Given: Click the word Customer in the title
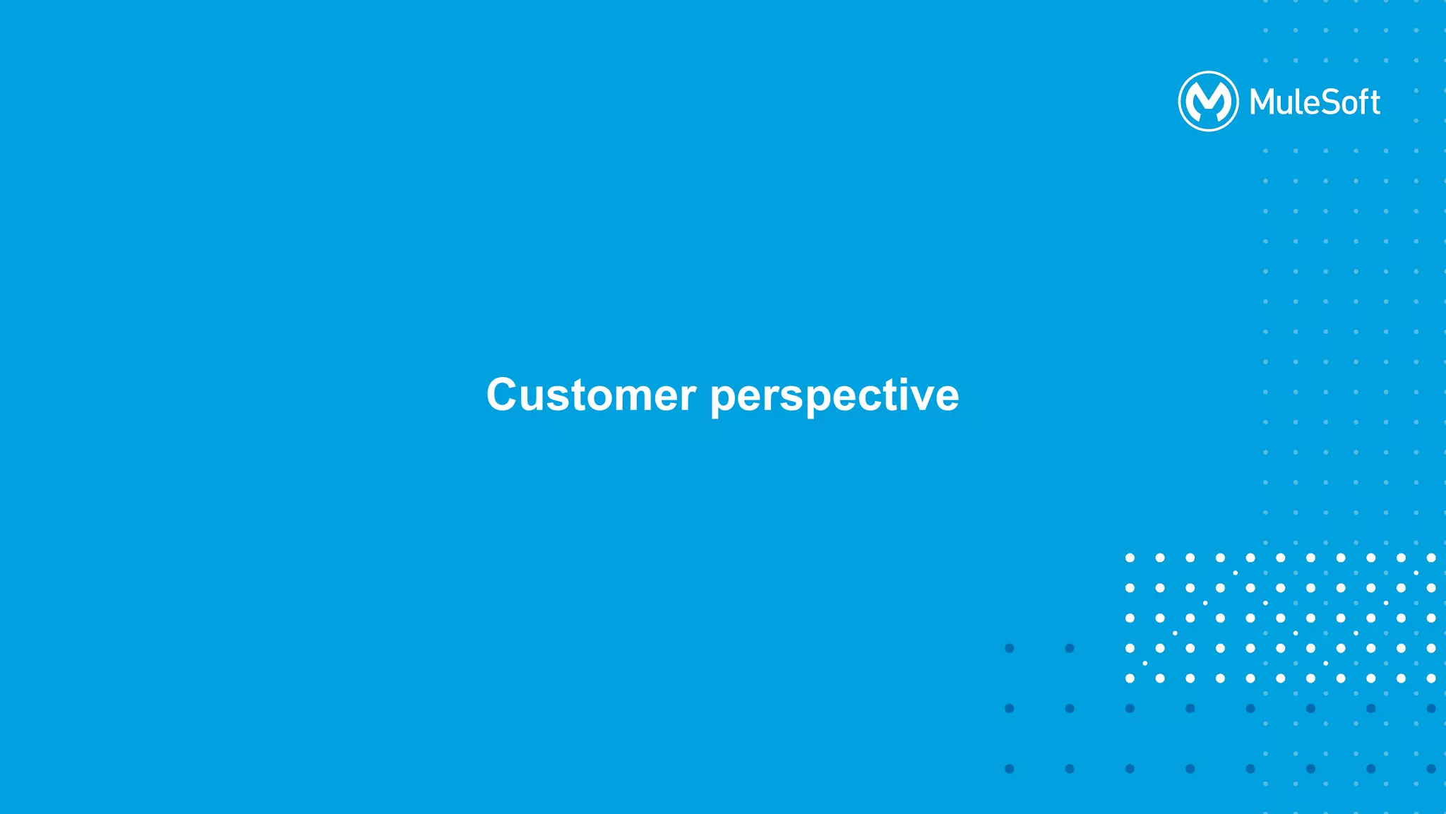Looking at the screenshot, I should [x=591, y=395].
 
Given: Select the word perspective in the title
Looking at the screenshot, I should [x=835, y=396].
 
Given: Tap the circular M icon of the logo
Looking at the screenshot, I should [x=1208, y=101].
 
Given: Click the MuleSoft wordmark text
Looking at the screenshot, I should [x=1315, y=102].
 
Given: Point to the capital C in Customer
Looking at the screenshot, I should [x=503, y=395].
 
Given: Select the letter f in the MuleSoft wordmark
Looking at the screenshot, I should [x=1360, y=102].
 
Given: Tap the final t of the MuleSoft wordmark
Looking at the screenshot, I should [x=1373, y=103].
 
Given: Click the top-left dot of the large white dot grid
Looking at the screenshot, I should [x=1130, y=558].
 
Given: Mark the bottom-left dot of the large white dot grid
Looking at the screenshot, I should [x=1130, y=678].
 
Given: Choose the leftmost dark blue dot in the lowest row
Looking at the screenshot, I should [x=1010, y=769].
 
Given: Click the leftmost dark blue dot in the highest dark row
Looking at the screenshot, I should [x=1010, y=648].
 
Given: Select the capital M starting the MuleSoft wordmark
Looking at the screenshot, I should [x=1262, y=102].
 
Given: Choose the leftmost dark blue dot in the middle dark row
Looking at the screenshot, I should [x=1010, y=708].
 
